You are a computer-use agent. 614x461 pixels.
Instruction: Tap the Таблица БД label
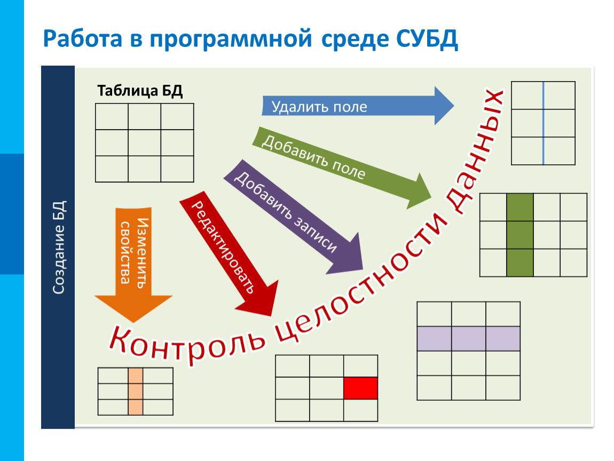[140, 91]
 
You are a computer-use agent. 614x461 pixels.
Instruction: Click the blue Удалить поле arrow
[352, 106]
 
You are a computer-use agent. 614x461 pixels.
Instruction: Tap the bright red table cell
[360, 388]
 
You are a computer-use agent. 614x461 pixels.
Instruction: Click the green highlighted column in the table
[519, 235]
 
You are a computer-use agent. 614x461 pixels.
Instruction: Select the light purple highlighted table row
[468, 338]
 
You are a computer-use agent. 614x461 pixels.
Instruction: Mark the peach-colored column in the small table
[136, 391]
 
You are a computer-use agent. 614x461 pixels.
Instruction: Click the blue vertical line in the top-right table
[543, 123]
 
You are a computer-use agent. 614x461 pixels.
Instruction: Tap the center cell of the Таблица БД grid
[144, 142]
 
